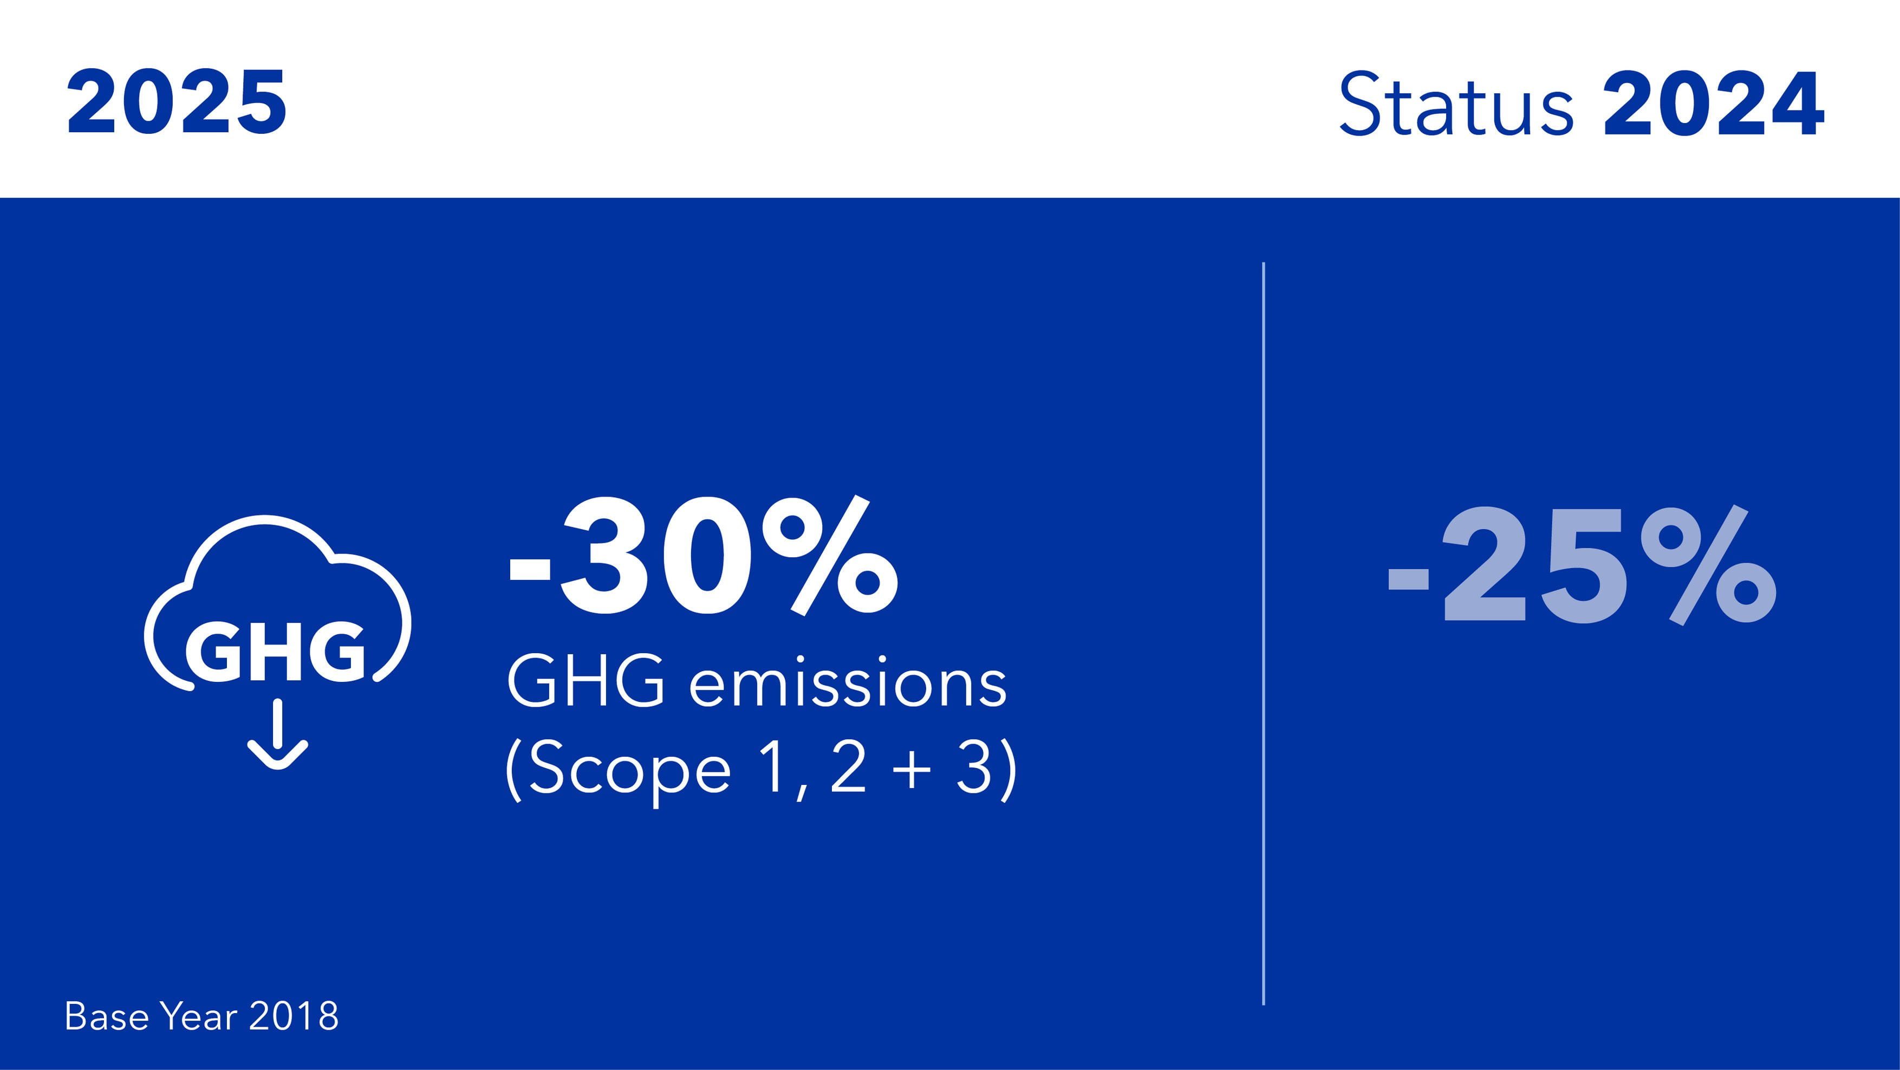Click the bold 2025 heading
tap(177, 104)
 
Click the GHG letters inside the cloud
tap(275, 652)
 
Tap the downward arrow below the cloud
tap(277, 735)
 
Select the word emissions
tap(848, 685)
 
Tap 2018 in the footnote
tap(294, 1017)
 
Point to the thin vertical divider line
tap(1264, 633)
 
